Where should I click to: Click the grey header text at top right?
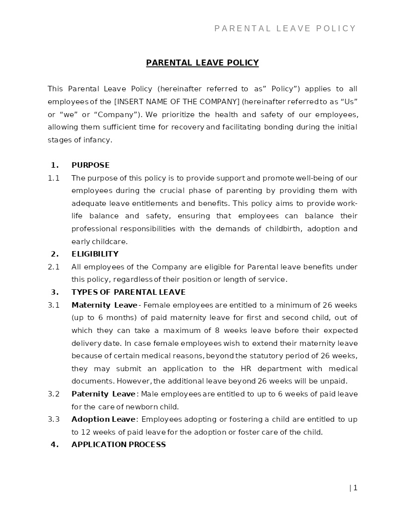pos(285,29)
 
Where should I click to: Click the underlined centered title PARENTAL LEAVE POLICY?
pos(202,63)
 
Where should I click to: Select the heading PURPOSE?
pos(90,165)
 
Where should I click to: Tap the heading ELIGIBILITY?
pos(95,254)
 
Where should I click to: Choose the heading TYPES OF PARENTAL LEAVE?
pos(128,292)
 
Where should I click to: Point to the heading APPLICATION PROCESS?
pos(119,445)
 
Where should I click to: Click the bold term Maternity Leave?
pos(104,305)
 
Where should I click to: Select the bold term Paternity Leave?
pos(103,394)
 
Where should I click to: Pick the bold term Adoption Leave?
pos(103,419)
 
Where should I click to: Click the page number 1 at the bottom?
pos(355,488)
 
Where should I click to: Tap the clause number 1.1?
pos(54,178)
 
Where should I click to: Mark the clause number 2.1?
pos(54,267)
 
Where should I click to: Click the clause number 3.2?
pos(54,394)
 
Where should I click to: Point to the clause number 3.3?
pos(54,419)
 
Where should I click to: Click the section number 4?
pos(55,445)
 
